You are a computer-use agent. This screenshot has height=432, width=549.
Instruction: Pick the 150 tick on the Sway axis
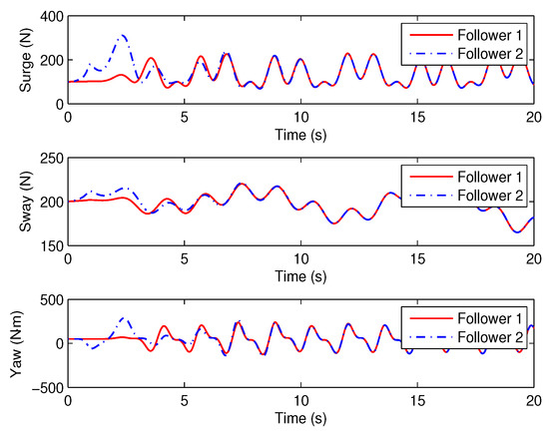(50, 245)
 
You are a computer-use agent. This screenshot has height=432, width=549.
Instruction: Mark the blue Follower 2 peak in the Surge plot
(123, 36)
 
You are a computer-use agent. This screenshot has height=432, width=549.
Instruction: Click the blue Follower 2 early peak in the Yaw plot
(125, 318)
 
